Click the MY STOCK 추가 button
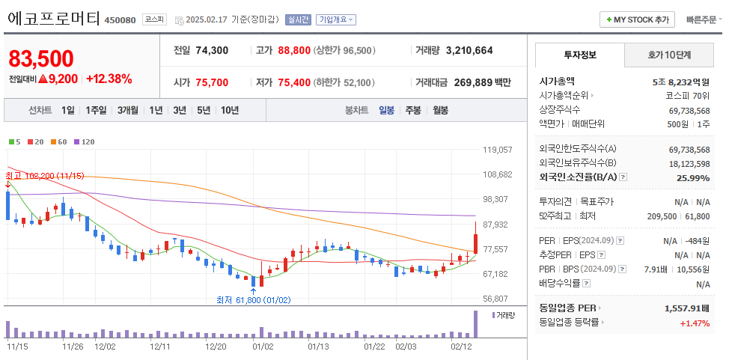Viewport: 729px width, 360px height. pos(637,20)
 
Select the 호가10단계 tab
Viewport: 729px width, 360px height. pos(669,55)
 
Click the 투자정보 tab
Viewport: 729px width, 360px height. pos(580,55)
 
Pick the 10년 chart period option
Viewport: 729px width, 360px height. pos(229,110)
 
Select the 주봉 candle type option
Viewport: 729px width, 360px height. pos(413,110)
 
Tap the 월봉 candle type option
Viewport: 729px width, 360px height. pos(440,110)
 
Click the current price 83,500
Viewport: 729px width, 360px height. pos(41,58)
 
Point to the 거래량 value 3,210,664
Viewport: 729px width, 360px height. pos(469,51)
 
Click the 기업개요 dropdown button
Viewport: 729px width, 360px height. pos(335,20)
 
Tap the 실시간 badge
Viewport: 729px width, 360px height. pos(297,20)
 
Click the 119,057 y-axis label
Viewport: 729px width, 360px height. pos(497,150)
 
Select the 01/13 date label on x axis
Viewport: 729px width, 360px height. pos(319,347)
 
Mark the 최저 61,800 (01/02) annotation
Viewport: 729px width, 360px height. pos(253,299)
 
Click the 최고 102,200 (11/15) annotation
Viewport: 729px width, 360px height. pos(45,176)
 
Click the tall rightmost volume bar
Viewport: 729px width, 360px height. pos(475,323)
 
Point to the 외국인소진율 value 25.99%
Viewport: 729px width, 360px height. pos(692,177)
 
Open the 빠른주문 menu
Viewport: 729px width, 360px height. pos(703,20)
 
